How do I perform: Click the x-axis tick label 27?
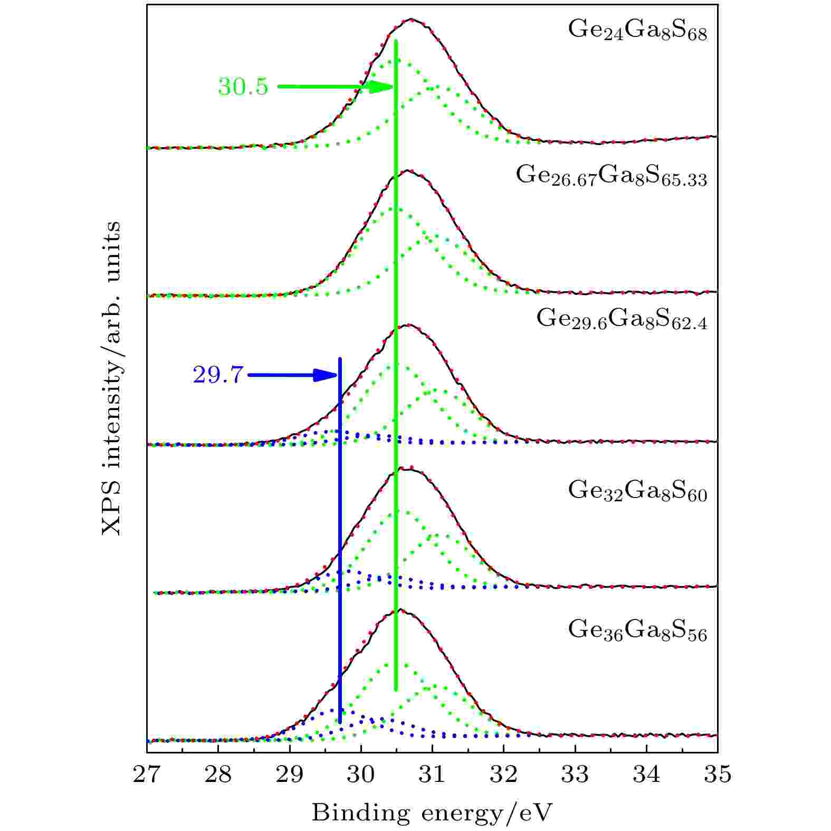click(x=147, y=774)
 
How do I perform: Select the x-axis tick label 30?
click(x=361, y=774)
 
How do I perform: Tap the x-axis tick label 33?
click(x=575, y=774)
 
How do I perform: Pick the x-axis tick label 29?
click(x=290, y=774)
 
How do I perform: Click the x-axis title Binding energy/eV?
click(x=432, y=813)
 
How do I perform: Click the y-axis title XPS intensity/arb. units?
click(x=111, y=378)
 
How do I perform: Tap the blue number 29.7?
click(x=218, y=375)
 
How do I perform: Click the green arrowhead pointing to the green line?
click(x=383, y=87)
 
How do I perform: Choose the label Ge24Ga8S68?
click(x=637, y=31)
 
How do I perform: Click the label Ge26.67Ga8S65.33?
click(x=611, y=176)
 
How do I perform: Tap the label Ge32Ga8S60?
click(x=637, y=491)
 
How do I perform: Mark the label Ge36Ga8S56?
click(x=637, y=630)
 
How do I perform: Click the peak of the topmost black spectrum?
click(x=412, y=20)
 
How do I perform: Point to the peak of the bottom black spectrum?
click(x=400, y=610)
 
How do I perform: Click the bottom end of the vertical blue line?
click(x=340, y=722)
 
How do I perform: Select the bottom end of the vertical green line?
click(x=396, y=689)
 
